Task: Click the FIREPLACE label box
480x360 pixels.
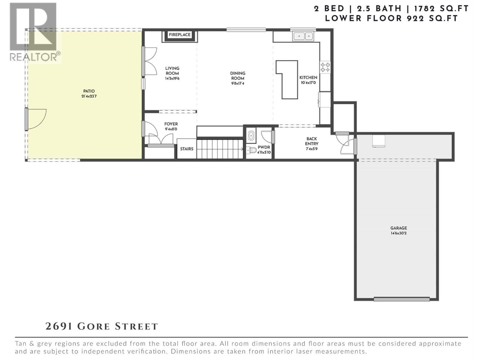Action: pyautogui.click(x=180, y=35)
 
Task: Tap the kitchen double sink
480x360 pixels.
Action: pyautogui.click(x=303, y=36)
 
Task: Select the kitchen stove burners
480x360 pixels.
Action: pyautogui.click(x=325, y=67)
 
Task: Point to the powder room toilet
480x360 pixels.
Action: pyautogui.click(x=251, y=150)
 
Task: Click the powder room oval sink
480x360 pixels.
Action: pyautogui.click(x=251, y=136)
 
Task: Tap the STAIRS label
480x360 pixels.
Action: pyautogui.click(x=187, y=149)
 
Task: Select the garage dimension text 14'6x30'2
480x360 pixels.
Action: pyautogui.click(x=398, y=233)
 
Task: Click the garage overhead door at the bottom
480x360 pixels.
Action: pyautogui.click(x=402, y=299)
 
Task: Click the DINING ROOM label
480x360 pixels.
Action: pyautogui.click(x=238, y=76)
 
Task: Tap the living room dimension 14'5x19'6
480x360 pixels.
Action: pyautogui.click(x=172, y=79)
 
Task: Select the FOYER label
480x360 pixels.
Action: pyautogui.click(x=171, y=124)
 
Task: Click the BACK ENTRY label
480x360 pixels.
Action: pyautogui.click(x=312, y=141)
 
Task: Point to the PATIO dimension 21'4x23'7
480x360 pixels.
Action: pyautogui.click(x=89, y=96)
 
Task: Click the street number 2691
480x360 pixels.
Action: pyautogui.click(x=59, y=326)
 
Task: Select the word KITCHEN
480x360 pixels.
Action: pyautogui.click(x=308, y=77)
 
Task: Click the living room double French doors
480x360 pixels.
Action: pyautogui.click(x=150, y=61)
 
